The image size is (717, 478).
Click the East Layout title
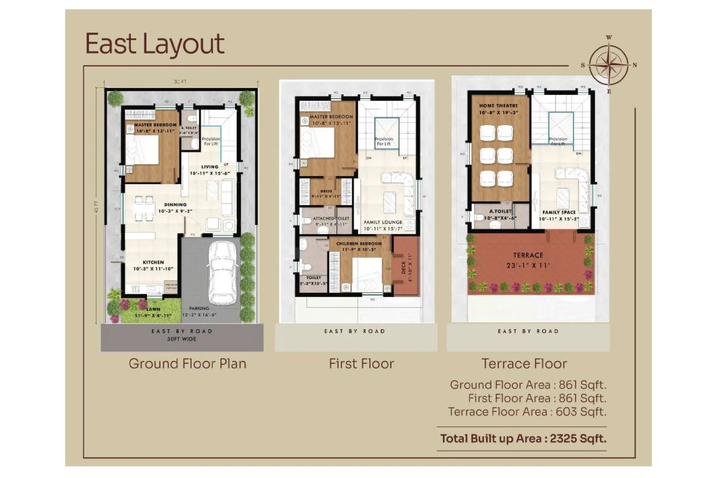click(155, 44)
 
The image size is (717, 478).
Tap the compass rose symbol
click(609, 65)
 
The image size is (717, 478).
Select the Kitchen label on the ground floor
click(153, 265)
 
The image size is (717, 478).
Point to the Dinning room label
click(175, 208)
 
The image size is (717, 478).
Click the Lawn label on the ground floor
click(153, 312)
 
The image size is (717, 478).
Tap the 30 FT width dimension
click(180, 82)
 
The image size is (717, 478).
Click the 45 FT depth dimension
click(96, 207)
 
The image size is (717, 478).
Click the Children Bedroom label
click(359, 246)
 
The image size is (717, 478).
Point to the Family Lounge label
click(383, 225)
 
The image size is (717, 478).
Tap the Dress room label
click(326, 194)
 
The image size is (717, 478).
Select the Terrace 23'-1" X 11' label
click(528, 260)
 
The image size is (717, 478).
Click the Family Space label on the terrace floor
click(559, 215)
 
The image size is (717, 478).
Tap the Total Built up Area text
click(523, 438)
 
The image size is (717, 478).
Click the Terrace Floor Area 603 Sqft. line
click(527, 412)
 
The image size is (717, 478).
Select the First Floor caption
click(361, 364)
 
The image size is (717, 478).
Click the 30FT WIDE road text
click(182, 339)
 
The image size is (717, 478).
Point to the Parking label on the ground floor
click(199, 311)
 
